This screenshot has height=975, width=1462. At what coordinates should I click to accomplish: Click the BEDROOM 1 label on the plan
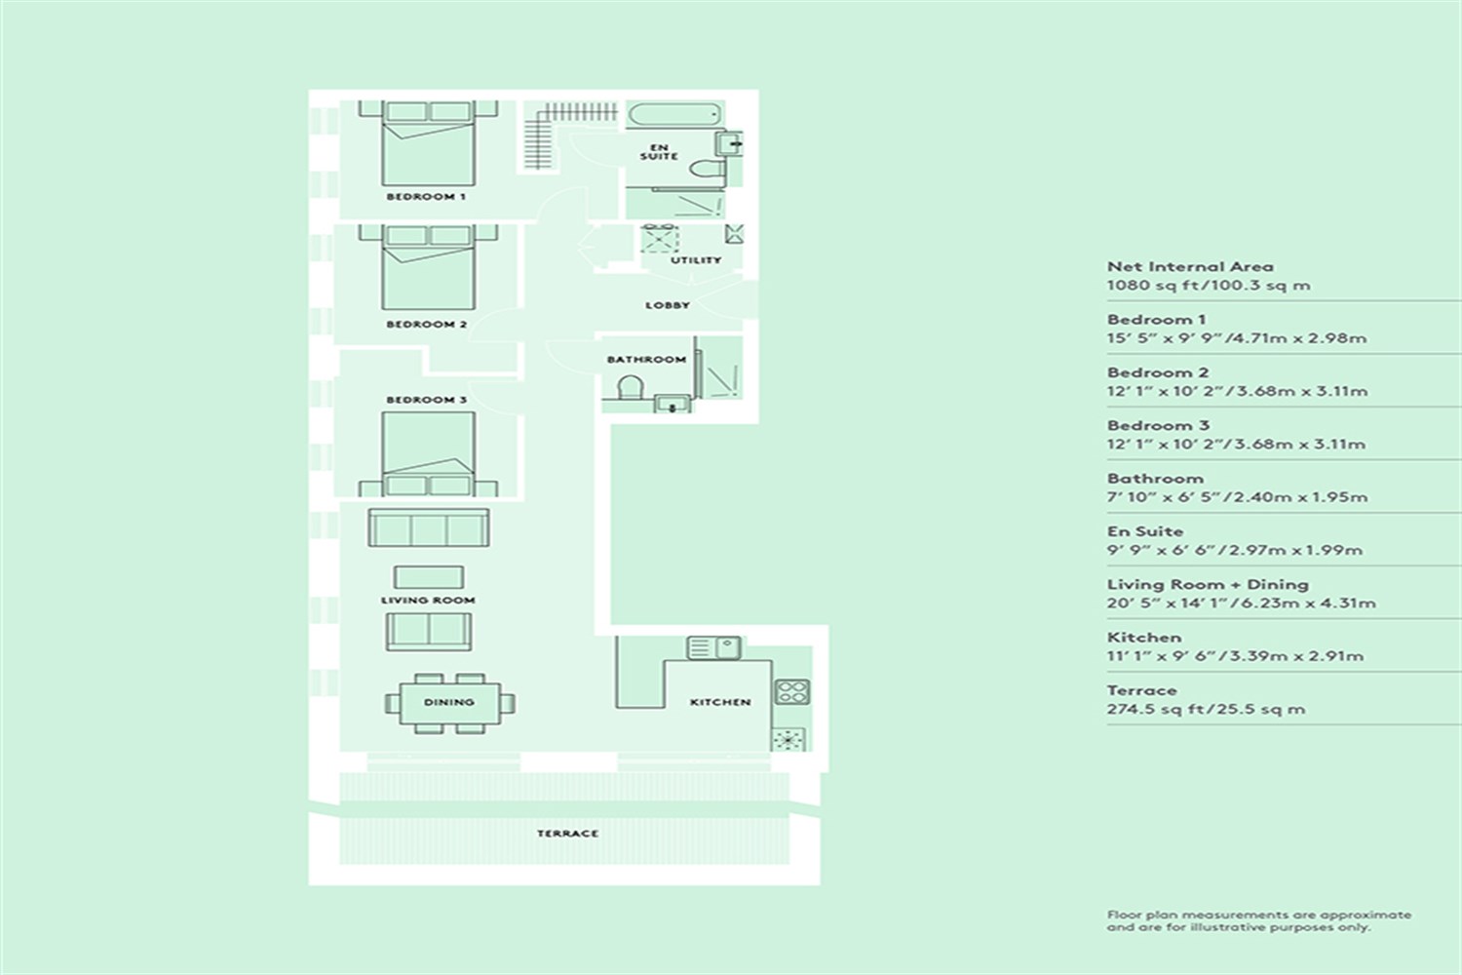coord(426,197)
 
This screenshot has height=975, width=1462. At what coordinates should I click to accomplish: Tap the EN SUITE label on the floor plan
coord(659,152)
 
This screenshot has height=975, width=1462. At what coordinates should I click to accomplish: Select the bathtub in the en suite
coord(674,114)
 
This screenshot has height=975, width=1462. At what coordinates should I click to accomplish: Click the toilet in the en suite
coord(707,169)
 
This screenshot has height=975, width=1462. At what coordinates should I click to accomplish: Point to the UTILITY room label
coord(696,260)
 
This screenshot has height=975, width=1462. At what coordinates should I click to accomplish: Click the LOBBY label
coord(667,305)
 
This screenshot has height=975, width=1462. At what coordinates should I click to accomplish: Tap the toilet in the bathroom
coord(630,388)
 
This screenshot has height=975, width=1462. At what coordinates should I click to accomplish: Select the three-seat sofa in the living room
coord(428,527)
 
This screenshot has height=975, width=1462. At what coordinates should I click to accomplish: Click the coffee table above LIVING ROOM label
coord(429,577)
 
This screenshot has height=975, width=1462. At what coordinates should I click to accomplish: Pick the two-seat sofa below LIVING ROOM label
coord(428,632)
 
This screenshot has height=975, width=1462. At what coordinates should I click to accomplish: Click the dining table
coord(449,703)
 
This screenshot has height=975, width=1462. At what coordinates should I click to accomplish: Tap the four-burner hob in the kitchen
coord(791,691)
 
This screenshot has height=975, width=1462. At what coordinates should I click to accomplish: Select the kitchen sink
coord(714,647)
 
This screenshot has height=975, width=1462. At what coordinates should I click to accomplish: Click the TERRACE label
coord(567,834)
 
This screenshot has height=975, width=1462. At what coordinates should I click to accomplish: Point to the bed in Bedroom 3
coord(428,454)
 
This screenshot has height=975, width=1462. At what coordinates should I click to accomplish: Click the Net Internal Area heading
coord(1190,266)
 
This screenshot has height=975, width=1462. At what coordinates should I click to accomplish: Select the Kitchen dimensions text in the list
coord(1235,655)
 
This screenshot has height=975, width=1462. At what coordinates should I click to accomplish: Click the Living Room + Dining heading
coord(1208,584)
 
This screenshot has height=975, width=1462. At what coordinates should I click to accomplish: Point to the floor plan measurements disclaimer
coord(1259,920)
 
